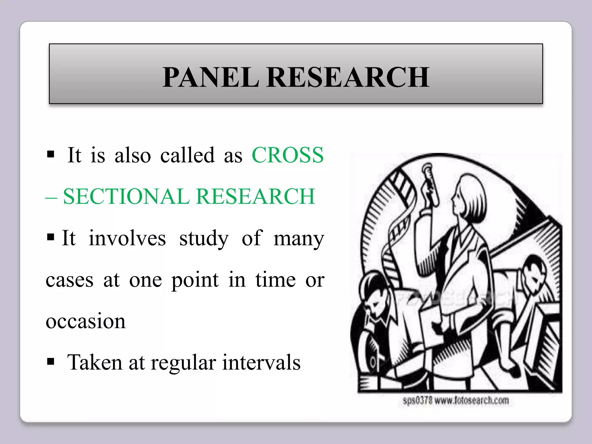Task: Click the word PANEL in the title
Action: coord(211,77)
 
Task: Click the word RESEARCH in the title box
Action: coord(348,77)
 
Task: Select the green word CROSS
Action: coord(288,155)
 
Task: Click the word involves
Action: coord(127,238)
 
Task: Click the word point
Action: coord(195,280)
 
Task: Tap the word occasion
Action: coord(86,321)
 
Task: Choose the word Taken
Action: coord(95,362)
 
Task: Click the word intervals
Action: coord(261,362)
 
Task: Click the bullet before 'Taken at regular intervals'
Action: coord(51,361)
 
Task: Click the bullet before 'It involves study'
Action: coord(51,237)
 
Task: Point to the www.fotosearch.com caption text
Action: coord(472,401)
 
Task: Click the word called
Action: coord(187,155)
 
